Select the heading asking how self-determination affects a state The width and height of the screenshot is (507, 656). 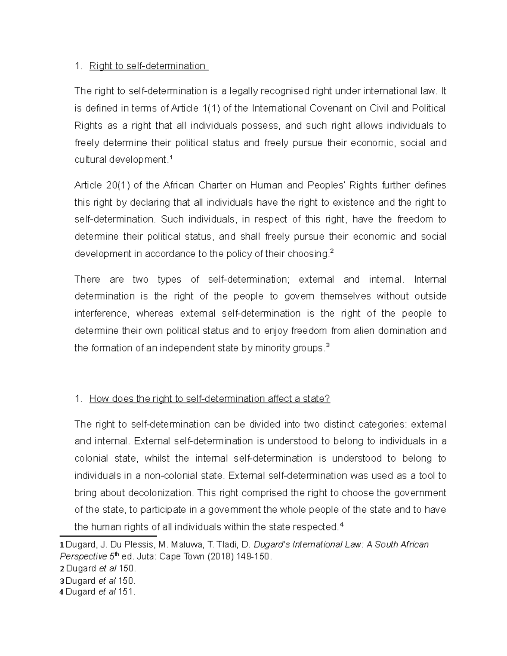[x=210, y=399]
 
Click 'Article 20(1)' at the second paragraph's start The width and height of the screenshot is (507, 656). [x=100, y=185]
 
